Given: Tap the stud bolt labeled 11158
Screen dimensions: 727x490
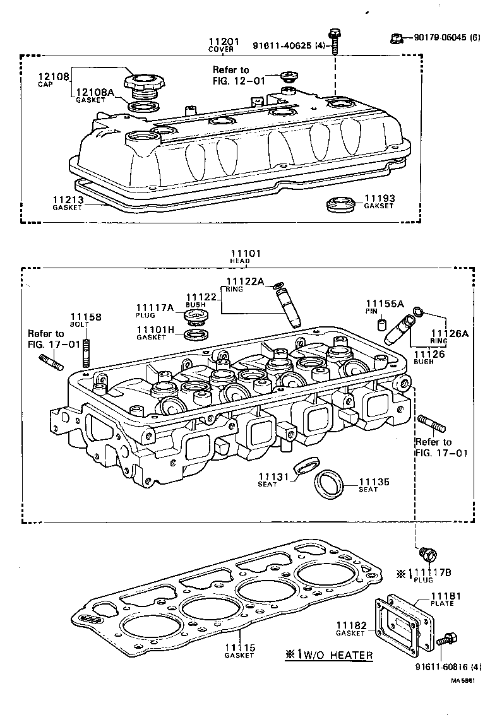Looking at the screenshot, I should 87,353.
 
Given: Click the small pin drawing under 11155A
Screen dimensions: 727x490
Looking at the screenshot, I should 381,325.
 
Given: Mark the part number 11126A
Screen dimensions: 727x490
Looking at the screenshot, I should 449,333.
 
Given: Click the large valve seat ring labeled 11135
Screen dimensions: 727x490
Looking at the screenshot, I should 330,484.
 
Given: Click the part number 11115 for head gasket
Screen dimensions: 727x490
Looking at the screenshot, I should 240,647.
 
